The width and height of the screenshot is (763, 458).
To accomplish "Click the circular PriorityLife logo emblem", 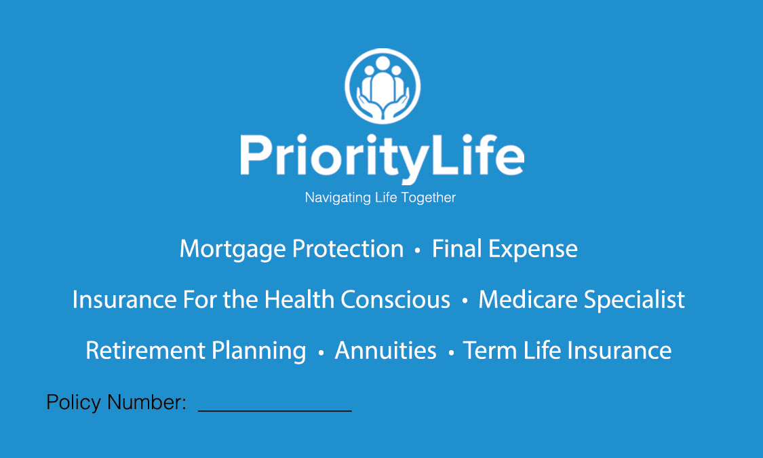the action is click(383, 86).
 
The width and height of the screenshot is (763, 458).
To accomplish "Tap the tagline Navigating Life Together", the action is click(380, 197).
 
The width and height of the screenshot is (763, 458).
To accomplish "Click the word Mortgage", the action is click(233, 250).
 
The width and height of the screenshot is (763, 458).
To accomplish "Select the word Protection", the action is click(348, 249).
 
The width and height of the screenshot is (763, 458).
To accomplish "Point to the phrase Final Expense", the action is click(505, 250).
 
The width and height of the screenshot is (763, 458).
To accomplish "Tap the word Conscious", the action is click(395, 299).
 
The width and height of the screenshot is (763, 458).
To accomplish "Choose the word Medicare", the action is click(528, 299).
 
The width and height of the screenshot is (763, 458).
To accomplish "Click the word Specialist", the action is click(634, 300).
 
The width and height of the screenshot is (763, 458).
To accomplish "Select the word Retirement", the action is click(146, 350).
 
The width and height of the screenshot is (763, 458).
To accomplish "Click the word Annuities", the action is click(385, 350).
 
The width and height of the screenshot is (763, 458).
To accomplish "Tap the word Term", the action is click(490, 350).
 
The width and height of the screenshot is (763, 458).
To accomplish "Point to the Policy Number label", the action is click(116, 402).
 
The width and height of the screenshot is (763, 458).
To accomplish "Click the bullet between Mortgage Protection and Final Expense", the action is click(418, 250).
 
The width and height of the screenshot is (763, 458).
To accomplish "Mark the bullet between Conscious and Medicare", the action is click(465, 301).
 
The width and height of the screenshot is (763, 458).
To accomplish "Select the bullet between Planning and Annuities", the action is click(321, 352).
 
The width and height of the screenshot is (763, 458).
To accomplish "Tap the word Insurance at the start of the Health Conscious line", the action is click(124, 299).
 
